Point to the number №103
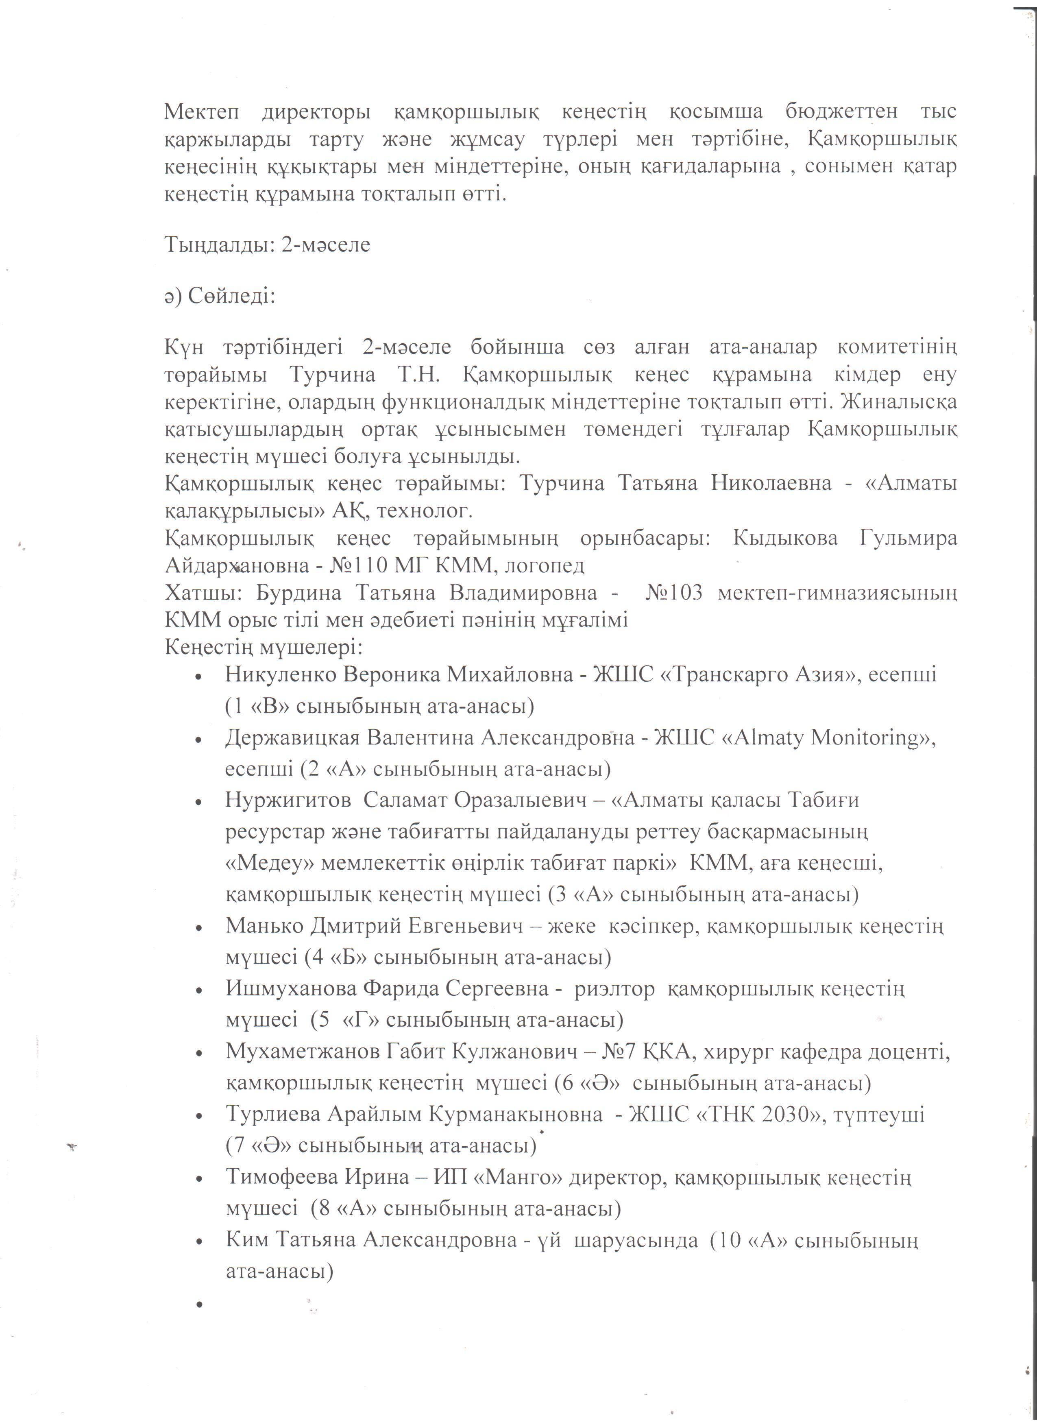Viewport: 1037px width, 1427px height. coord(673,593)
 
